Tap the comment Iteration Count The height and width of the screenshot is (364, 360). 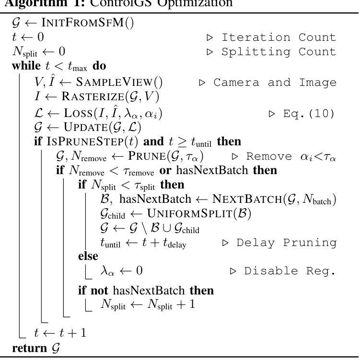[x=279, y=37]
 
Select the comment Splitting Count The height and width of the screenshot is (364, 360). [x=279, y=51]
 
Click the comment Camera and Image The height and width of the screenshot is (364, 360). [x=275, y=82]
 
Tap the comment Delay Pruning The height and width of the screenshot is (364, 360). [x=287, y=243]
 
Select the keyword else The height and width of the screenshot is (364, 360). [x=88, y=256]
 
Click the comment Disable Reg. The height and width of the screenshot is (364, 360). [x=290, y=271]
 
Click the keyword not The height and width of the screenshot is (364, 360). [x=101, y=290]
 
